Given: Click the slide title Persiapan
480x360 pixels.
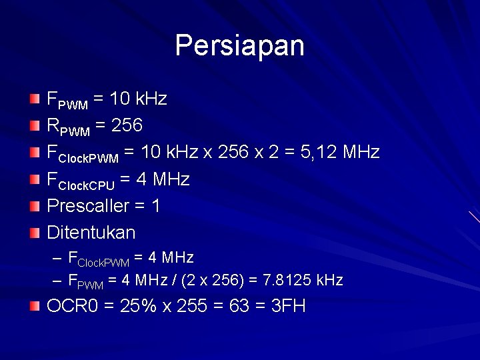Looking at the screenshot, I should click(x=239, y=46).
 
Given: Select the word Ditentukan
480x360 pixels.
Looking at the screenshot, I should click(x=91, y=233).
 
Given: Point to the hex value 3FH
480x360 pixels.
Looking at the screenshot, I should click(x=289, y=307).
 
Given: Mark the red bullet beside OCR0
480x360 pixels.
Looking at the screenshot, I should click(x=35, y=307).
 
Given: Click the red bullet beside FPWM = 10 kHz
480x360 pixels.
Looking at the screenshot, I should click(x=35, y=99).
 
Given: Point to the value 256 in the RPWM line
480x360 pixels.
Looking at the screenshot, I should click(x=127, y=126).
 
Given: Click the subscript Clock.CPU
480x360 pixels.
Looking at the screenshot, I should click(x=87, y=185).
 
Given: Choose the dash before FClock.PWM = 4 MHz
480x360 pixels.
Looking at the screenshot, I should click(x=56, y=258).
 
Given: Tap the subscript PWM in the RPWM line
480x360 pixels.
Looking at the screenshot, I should click(x=73, y=131).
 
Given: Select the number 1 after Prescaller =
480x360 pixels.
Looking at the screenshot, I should click(x=156, y=206).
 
